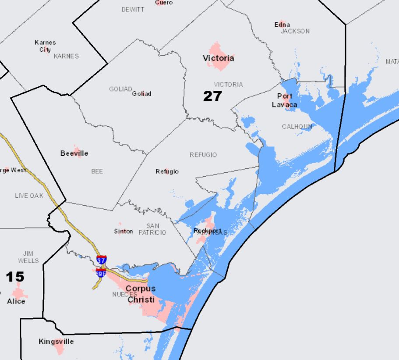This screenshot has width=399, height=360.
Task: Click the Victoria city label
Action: [218, 58]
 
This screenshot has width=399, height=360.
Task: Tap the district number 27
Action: [212, 96]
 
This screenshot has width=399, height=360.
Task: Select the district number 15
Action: [15, 277]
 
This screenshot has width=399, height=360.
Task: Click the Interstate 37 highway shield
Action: [102, 260]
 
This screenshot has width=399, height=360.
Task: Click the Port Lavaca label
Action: [284, 100]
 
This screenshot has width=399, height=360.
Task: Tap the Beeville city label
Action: [74, 153]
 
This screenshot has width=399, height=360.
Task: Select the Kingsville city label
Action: [56, 341]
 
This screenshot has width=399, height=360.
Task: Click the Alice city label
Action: [16, 301]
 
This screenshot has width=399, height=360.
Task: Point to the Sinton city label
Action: [123, 231]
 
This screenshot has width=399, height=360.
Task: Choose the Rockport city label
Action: [208, 230]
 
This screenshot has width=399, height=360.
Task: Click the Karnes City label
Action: [45, 46]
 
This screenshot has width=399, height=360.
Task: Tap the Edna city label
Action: [282, 25]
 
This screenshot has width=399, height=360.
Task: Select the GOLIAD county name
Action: [120, 89]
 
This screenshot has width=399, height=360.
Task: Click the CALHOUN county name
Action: [297, 126]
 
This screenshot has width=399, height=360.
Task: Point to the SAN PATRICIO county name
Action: [152, 229]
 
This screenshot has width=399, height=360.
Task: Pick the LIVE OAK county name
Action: [29, 196]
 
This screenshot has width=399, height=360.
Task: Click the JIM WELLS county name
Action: [28, 257]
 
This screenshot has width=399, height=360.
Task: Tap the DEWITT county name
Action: [133, 10]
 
